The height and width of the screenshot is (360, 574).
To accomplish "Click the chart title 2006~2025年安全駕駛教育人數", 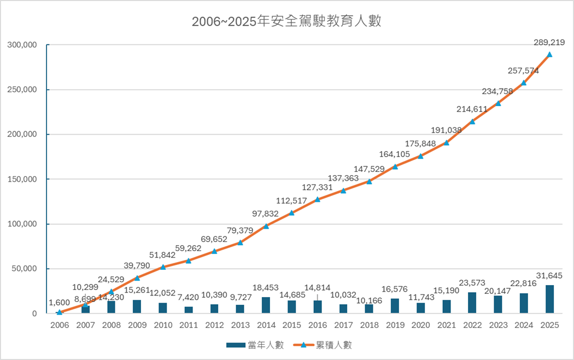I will (x=286, y=22).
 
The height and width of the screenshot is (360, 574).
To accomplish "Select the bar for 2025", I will (x=549, y=299).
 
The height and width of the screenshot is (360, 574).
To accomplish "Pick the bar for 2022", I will (x=472, y=303).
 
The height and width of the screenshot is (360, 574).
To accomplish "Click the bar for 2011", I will (x=189, y=310).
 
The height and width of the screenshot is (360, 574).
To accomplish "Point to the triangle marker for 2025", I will (x=549, y=54).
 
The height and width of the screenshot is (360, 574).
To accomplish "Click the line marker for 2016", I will (x=318, y=199).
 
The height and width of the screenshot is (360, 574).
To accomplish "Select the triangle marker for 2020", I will (x=420, y=156).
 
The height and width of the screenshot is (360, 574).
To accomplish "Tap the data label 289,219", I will (x=549, y=42).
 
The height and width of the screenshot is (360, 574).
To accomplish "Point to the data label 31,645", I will (x=549, y=275).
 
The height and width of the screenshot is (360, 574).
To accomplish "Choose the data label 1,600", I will (x=59, y=301).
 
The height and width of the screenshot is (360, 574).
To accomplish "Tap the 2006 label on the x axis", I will (x=59, y=324).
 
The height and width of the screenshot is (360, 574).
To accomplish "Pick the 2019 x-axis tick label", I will (x=395, y=324).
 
